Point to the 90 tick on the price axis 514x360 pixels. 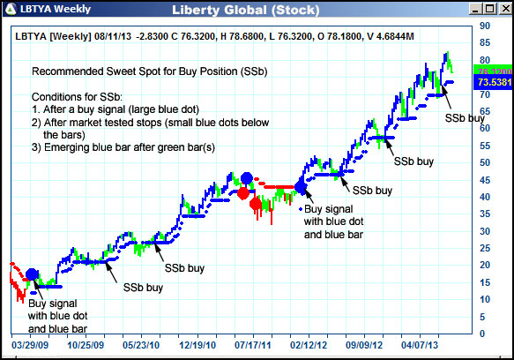(484, 26)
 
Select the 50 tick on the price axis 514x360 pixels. (484, 163)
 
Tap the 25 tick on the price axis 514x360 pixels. (484, 249)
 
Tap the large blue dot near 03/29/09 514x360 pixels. (33, 275)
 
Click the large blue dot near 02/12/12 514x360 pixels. (301, 186)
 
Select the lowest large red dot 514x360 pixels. (256, 205)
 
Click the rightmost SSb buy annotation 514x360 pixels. (465, 116)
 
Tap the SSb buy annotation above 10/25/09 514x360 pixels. (143, 287)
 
